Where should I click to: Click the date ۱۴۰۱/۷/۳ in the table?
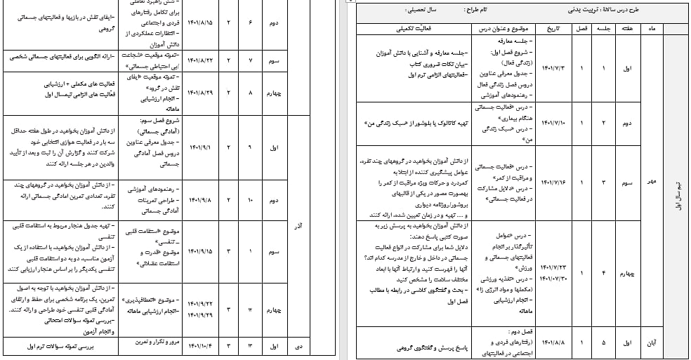550,69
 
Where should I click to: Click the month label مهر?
652,181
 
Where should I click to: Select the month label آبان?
652,343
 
